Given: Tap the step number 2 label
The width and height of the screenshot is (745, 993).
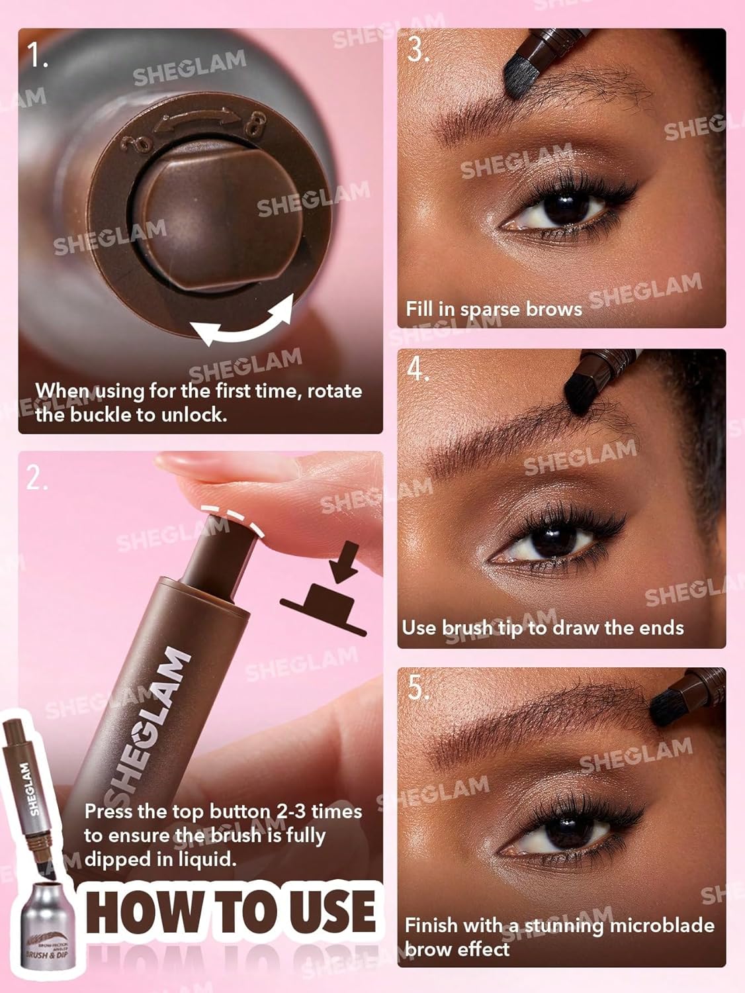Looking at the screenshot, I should pyautogui.click(x=36, y=477).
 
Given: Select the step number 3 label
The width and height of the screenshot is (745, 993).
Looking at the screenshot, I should pyautogui.click(x=417, y=50).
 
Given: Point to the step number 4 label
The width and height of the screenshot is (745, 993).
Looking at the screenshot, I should pyautogui.click(x=419, y=369).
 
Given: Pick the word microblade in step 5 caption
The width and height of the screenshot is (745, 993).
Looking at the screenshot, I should pyautogui.click(x=662, y=925).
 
